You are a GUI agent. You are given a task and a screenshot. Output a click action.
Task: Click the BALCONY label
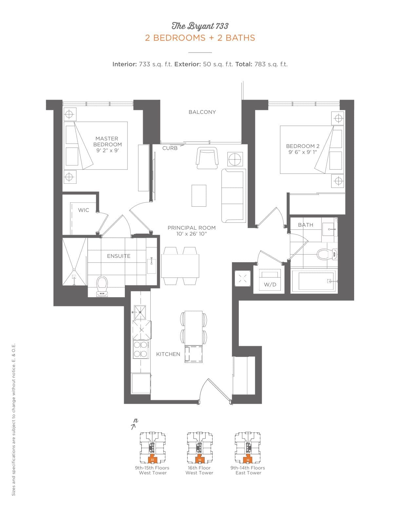point(202,112)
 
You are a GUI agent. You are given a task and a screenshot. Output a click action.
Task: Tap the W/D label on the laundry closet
point(270,284)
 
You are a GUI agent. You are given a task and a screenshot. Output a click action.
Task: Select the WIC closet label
point(84,210)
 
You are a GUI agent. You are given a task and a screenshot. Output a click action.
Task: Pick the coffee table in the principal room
point(199,196)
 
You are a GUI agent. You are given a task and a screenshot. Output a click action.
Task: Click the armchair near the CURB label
point(207,158)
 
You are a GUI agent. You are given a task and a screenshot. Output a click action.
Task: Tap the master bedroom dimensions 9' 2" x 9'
point(107,151)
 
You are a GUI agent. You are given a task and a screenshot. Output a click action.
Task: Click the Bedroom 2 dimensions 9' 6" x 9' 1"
point(302,152)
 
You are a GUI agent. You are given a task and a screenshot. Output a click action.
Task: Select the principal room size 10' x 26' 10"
point(191,234)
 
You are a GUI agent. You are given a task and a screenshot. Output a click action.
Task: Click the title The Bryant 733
point(200,26)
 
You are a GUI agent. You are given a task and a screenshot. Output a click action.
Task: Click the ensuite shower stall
point(75,261)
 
